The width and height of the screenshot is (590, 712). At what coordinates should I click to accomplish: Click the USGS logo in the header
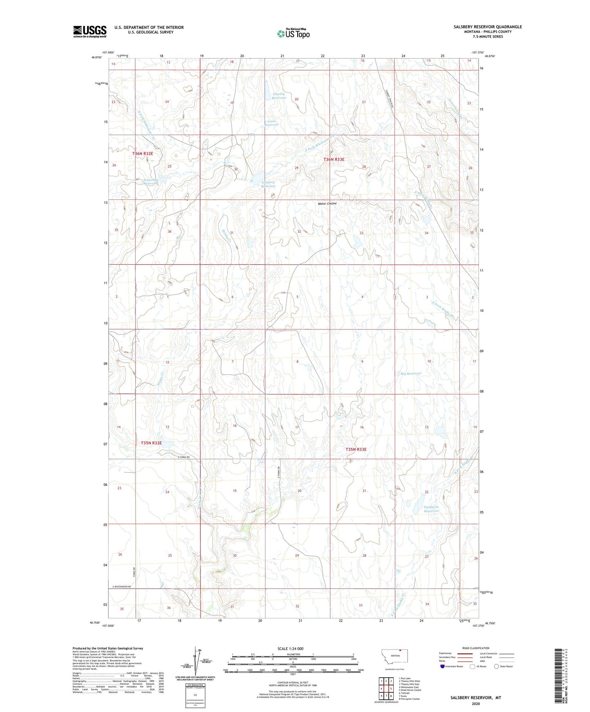click(x=90, y=31)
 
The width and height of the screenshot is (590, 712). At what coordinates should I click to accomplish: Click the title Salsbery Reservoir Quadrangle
click(x=488, y=27)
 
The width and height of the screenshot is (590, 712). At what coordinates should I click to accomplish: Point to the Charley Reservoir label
click(x=279, y=96)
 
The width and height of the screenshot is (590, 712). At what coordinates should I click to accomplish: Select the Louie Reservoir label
click(x=271, y=123)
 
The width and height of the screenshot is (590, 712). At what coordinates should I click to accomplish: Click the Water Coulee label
click(x=327, y=203)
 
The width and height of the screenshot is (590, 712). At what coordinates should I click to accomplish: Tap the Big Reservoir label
click(x=411, y=374)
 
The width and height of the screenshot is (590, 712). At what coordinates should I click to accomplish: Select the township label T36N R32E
click(x=142, y=153)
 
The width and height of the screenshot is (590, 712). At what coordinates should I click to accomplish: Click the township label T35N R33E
click(x=356, y=449)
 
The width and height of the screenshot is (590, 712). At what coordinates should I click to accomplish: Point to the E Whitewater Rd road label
click(x=121, y=587)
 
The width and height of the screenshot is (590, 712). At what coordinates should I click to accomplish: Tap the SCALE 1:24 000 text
click(x=290, y=648)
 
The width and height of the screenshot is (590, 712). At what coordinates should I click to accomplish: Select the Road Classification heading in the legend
click(x=476, y=648)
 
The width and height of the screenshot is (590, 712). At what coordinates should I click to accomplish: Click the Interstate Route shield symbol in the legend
click(x=443, y=666)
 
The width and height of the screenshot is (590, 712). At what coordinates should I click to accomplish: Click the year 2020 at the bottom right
click(x=476, y=703)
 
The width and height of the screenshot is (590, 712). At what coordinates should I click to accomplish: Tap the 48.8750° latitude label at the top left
click(x=96, y=57)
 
